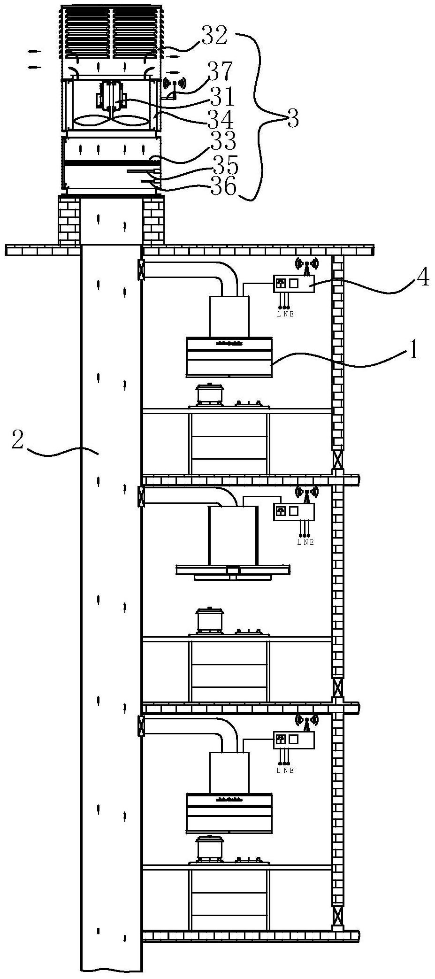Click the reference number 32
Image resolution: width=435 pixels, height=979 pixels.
click(x=214, y=36)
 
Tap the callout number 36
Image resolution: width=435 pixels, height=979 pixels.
click(x=223, y=186)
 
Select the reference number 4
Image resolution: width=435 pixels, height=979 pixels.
click(x=422, y=279)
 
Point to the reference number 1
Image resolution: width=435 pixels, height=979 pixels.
click(x=412, y=351)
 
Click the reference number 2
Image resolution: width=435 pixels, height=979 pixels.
click(x=17, y=439)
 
